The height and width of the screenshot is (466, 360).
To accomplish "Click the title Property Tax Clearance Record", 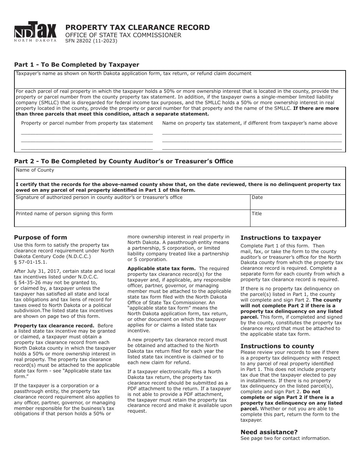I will [137, 27].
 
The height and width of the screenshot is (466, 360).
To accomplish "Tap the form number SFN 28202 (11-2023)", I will [91, 41].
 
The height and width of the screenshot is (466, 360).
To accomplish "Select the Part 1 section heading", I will [77, 64].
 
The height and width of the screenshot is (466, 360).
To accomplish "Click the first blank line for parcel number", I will [87, 133].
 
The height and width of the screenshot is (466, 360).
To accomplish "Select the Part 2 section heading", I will [124, 161].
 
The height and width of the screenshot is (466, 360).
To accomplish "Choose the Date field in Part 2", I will [297, 204].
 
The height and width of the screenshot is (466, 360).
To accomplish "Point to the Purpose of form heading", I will [41, 238].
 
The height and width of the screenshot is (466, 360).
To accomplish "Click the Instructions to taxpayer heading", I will [280, 238].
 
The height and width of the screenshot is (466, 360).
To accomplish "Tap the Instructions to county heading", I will [277, 346].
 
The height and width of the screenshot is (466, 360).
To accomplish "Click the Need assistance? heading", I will [269, 432].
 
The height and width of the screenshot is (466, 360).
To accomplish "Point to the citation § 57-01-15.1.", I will [31, 262].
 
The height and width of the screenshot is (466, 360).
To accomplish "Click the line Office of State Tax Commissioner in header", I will [123, 35].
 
